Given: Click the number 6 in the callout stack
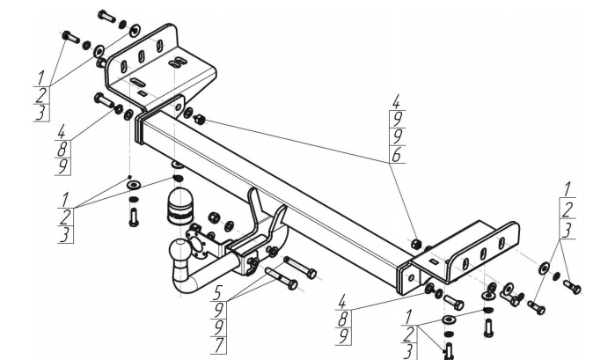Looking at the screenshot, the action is (397, 155).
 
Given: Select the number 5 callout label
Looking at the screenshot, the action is (218, 292).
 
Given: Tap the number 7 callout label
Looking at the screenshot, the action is (219, 345).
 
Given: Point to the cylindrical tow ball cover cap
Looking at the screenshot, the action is (179, 206).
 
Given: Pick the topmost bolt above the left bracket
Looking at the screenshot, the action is (106, 16).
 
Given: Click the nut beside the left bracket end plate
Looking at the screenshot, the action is (200, 120).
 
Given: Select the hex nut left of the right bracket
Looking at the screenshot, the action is (416, 244).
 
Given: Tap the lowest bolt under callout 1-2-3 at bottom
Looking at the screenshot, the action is (449, 350).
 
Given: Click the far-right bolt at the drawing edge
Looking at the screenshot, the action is (572, 287).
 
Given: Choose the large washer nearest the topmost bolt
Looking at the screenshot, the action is (135, 30).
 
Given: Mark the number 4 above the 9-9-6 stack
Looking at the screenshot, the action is (397, 102).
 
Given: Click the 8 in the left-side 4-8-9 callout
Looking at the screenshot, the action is (62, 149).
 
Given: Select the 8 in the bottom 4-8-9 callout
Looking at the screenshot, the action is (342, 320).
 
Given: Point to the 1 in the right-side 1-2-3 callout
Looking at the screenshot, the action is (567, 189).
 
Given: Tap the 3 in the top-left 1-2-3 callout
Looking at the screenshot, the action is (40, 113).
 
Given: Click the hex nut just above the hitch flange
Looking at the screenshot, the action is (213, 217).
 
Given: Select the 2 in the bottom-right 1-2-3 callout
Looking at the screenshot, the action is (408, 334).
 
